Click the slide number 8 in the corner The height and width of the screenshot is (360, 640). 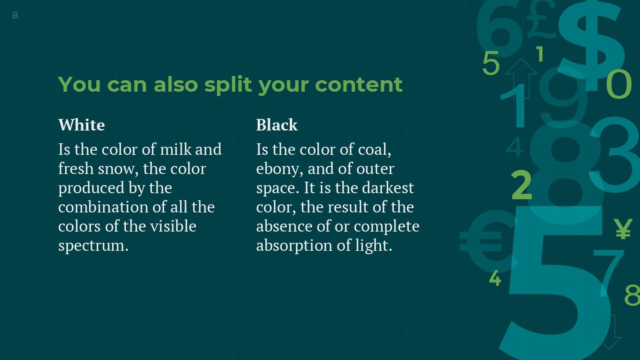(15, 15)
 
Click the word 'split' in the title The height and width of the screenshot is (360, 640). (228, 85)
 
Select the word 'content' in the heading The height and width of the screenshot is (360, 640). (358, 84)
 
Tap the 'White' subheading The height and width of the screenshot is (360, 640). (81, 125)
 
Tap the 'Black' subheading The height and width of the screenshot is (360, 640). (276, 125)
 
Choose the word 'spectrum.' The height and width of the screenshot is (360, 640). (93, 246)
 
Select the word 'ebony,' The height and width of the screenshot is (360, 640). (279, 169)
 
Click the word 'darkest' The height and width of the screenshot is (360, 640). (388, 188)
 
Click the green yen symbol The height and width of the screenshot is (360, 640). (623, 229)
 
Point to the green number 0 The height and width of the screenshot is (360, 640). (619, 84)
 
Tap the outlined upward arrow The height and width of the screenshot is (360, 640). (521, 78)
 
